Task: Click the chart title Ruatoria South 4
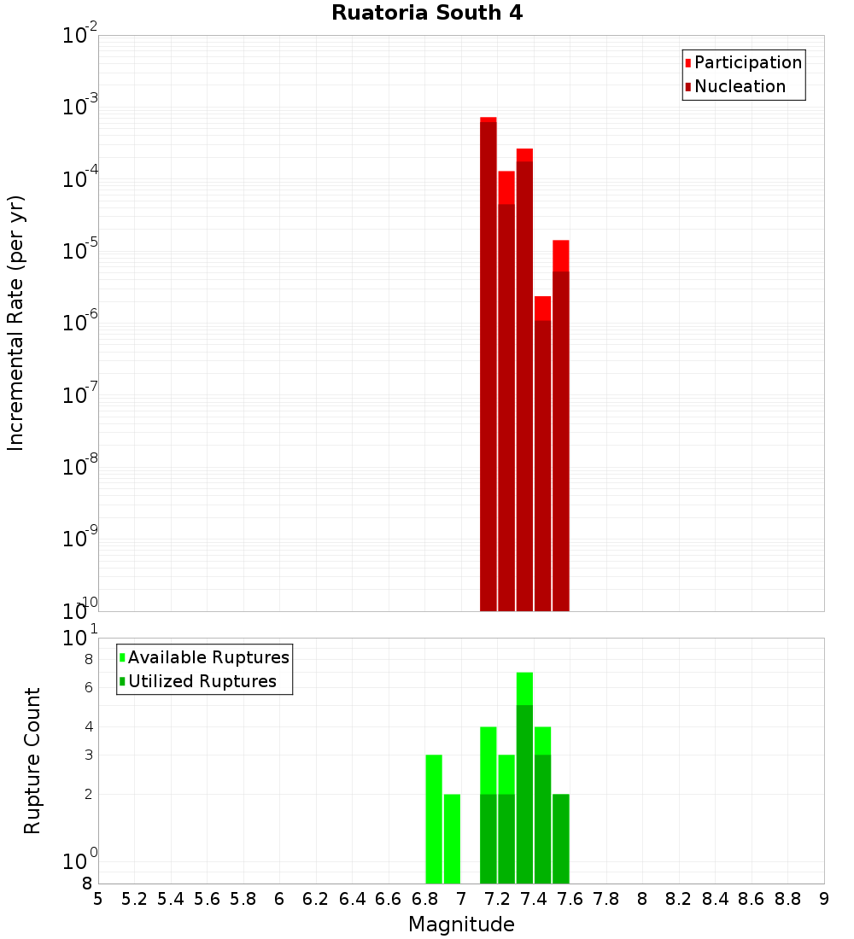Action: click(x=427, y=13)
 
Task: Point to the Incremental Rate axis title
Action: click(x=16, y=323)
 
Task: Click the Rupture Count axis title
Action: click(x=32, y=760)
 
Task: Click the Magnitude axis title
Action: click(x=461, y=924)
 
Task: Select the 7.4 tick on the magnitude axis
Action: click(x=534, y=899)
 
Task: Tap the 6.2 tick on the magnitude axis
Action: click(x=316, y=899)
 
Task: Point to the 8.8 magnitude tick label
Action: click(x=787, y=899)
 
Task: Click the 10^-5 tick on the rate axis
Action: click(x=79, y=251)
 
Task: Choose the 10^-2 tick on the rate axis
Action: click(x=79, y=36)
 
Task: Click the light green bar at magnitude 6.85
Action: click(x=434, y=819)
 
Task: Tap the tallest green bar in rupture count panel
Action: click(x=524, y=777)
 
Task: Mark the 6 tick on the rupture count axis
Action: click(x=88, y=687)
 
